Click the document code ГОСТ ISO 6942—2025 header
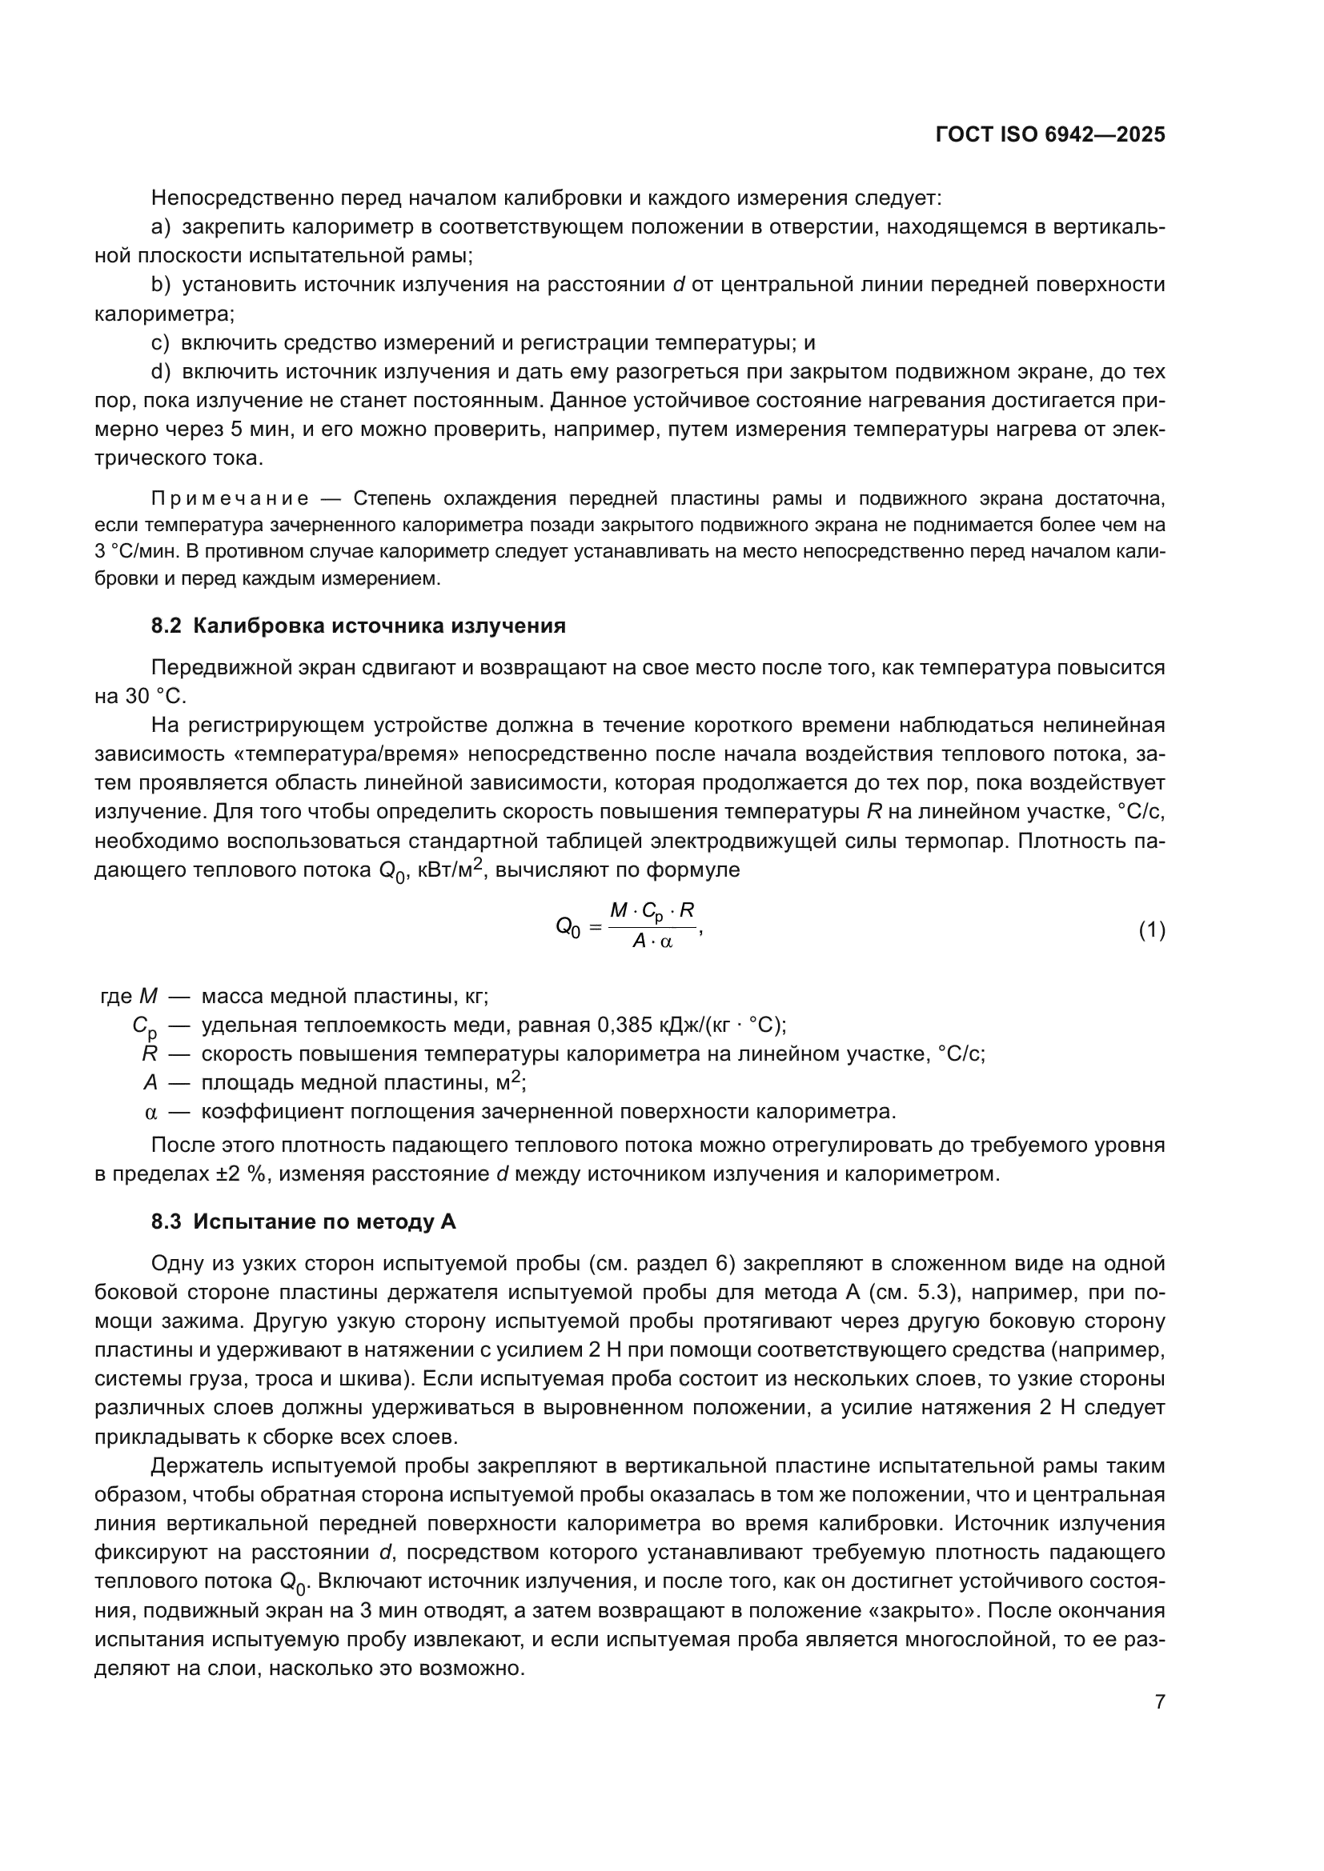[1050, 135]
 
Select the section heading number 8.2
[167, 626]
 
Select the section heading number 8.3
[167, 1221]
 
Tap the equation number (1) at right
[1151, 930]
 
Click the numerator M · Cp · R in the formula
[652, 911]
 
